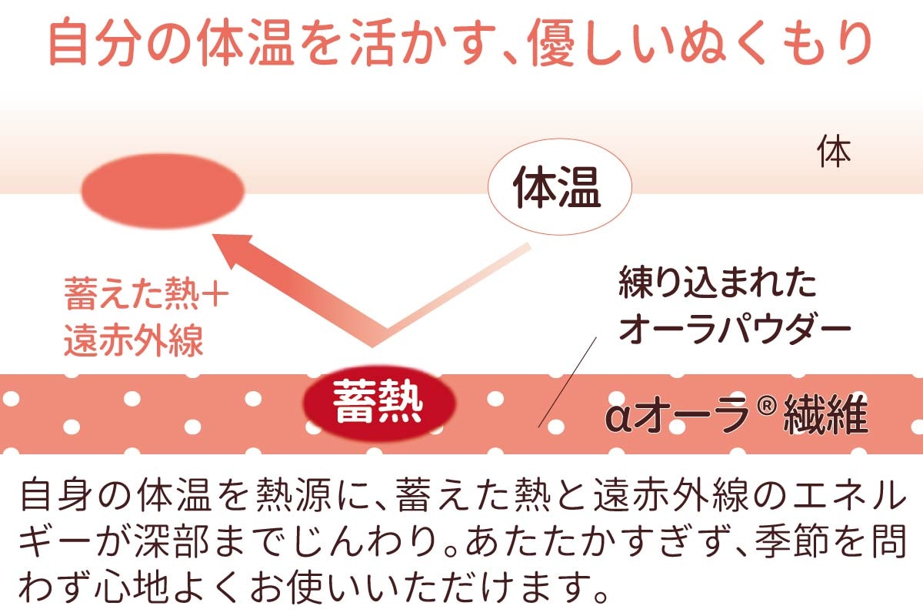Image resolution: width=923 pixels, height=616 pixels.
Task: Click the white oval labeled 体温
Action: pyautogui.click(x=560, y=187)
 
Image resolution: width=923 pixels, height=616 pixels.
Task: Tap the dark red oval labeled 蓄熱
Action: pyautogui.click(x=379, y=403)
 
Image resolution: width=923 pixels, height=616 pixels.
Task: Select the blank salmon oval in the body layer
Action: pyautogui.click(x=163, y=191)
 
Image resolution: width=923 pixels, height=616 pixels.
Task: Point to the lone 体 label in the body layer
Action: pyautogui.click(x=834, y=152)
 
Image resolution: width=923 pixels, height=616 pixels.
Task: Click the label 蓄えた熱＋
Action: pyautogui.click(x=147, y=294)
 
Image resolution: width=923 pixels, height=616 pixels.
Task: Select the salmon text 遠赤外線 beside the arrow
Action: pyautogui.click(x=134, y=340)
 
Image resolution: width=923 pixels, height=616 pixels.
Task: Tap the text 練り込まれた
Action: pyautogui.click(x=717, y=283)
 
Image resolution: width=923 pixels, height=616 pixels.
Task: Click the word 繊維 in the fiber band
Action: pyautogui.click(x=825, y=414)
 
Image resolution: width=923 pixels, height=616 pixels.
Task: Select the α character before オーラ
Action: pyautogui.click(x=618, y=418)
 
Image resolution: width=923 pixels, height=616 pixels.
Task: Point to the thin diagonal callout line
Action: pyautogui.click(x=568, y=382)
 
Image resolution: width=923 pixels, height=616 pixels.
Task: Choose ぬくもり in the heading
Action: pyautogui.click(x=775, y=42)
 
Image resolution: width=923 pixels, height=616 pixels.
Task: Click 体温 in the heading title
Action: pyautogui.click(x=245, y=42)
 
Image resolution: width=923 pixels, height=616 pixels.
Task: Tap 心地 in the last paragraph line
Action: pyautogui.click(x=132, y=586)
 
